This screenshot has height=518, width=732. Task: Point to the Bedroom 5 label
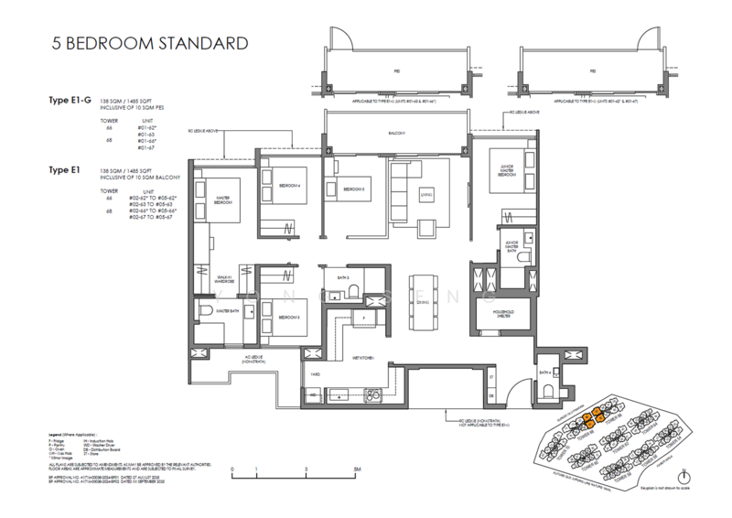(x=355, y=189)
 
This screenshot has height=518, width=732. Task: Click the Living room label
(x=425, y=194)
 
